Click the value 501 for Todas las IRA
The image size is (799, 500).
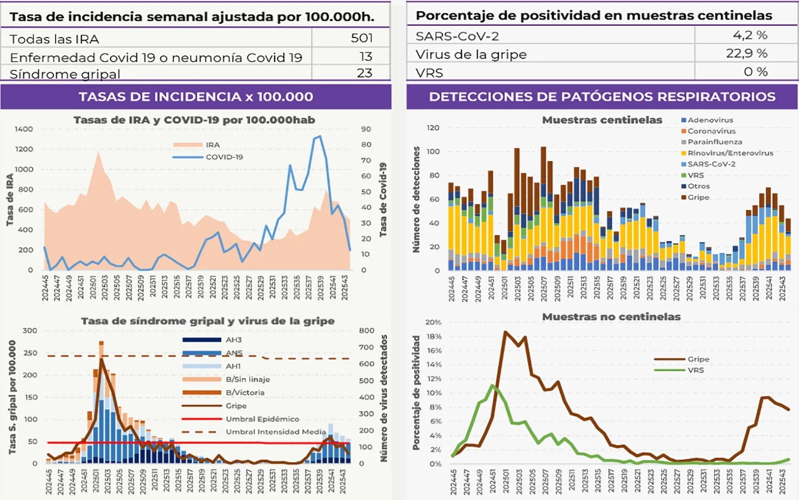coord(362,38)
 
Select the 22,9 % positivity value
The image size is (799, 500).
coord(747,53)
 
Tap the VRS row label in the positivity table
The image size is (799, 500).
coord(429,73)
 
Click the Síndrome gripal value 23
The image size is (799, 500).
coord(365,73)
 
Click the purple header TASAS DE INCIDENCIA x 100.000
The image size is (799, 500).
coord(196,96)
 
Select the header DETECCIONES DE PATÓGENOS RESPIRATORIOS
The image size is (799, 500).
coord(602,96)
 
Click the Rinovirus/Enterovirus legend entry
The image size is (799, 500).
coord(730,153)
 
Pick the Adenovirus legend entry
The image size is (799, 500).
coord(710,120)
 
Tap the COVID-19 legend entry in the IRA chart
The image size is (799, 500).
coord(224,157)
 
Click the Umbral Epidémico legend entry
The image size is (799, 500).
coord(262,419)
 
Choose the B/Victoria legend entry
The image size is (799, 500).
coord(245,392)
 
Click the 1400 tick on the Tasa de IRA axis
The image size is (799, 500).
coord(23,129)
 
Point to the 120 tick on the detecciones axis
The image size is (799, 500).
coord(433,127)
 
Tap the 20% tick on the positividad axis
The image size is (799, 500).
coord(433,322)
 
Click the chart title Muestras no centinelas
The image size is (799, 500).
coord(611,316)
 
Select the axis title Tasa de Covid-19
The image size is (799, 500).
coord(383,199)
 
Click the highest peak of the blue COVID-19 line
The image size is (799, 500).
coord(320,136)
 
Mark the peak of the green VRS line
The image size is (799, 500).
coord(493,385)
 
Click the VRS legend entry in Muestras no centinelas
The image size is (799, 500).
coord(695,370)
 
